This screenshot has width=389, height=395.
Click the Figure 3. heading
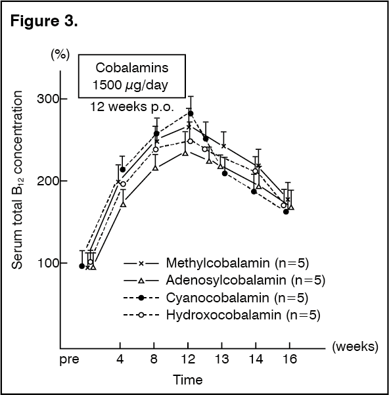[45, 22]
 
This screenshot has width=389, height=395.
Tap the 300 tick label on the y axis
[38, 99]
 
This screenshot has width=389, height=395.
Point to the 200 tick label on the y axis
[38, 181]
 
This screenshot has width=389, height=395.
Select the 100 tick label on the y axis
[38, 264]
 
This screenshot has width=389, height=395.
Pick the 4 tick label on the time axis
[120, 360]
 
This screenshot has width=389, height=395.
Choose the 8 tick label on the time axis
[154, 360]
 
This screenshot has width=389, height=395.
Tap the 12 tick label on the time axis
[189, 360]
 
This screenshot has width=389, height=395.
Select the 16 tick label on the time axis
[290, 360]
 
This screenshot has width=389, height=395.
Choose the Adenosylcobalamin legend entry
[237, 281]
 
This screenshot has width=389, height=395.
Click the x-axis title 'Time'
[188, 379]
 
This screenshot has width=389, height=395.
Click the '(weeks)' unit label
[355, 346]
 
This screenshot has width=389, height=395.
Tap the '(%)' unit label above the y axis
[60, 55]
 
